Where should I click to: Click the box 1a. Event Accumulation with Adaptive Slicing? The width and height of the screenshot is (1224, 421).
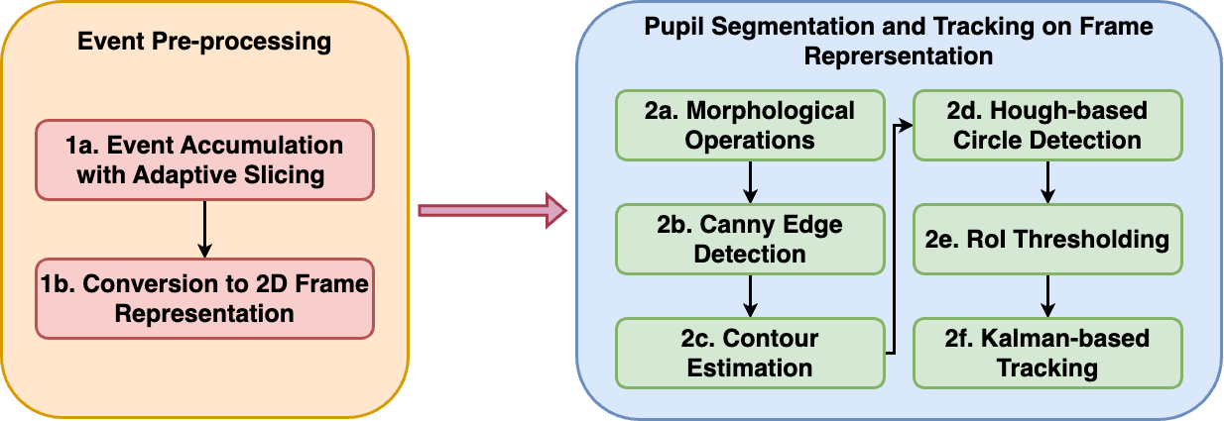[204, 159]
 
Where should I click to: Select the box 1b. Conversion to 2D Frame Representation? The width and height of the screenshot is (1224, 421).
[204, 298]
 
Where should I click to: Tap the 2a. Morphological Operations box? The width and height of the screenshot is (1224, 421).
[750, 125]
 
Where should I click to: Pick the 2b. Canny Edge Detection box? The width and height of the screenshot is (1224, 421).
[750, 239]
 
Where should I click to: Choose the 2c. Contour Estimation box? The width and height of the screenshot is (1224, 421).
[750, 353]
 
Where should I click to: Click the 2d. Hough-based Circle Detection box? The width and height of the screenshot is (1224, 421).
[1047, 125]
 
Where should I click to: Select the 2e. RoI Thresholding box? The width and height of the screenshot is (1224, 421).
[1047, 239]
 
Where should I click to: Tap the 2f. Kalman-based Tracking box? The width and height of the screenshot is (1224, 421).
[1047, 353]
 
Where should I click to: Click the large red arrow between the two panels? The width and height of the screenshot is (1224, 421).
[492, 210]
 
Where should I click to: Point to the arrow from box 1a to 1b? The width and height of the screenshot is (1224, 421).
[204, 229]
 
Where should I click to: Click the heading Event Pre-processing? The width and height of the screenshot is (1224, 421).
[204, 44]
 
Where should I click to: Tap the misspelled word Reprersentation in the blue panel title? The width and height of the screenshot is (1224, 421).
[899, 56]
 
